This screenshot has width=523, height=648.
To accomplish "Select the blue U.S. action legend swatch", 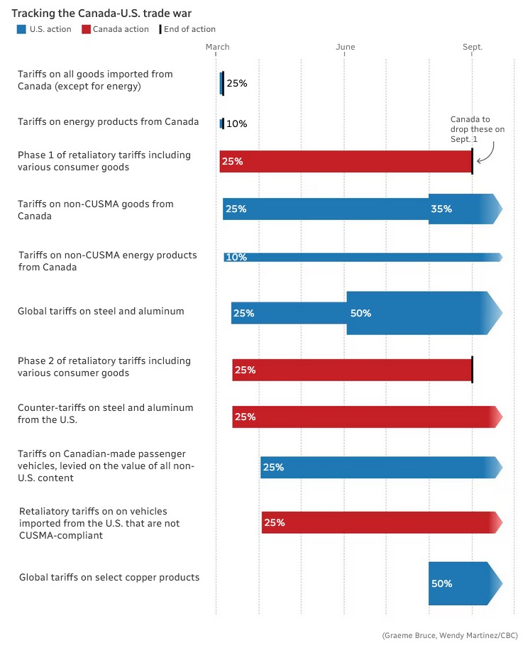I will pyautogui.click(x=21, y=30).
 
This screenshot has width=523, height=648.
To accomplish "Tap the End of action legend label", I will pyautogui.click(x=189, y=30).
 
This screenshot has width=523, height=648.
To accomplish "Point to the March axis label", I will pyautogui.click(x=217, y=47).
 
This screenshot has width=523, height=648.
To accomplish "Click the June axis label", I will pyautogui.click(x=346, y=47).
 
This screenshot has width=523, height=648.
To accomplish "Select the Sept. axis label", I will pyautogui.click(x=473, y=47).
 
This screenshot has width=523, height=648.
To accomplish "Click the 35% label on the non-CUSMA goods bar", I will pyautogui.click(x=441, y=209).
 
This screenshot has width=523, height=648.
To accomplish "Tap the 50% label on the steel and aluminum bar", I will pyautogui.click(x=360, y=313).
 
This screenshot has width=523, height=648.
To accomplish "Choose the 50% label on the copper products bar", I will pyautogui.click(x=441, y=583).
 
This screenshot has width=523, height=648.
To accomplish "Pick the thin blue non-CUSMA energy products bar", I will pyautogui.click(x=362, y=257).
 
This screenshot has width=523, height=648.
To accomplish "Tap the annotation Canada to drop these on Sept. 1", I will pyautogui.click(x=477, y=129).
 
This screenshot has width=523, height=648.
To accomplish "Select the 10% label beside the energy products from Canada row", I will pyautogui.click(x=236, y=123).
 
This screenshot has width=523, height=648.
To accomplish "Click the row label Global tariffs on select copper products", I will pyautogui.click(x=109, y=578).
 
